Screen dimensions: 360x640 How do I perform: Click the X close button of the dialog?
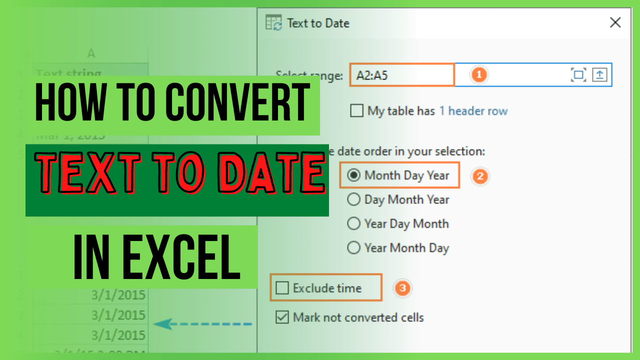615,22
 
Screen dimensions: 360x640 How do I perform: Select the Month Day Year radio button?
354,175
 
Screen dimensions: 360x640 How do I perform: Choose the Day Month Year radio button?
354,199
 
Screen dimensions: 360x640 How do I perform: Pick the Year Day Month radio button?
354,223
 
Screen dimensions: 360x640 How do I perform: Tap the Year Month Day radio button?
354,247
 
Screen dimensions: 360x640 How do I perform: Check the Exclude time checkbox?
282,288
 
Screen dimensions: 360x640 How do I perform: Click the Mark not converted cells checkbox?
282,317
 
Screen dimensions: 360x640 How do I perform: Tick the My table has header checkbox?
356,110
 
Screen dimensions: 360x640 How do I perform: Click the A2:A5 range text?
372,75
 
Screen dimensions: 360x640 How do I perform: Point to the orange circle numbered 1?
479,75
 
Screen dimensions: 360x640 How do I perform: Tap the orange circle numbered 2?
480,176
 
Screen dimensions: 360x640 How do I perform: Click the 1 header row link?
473,111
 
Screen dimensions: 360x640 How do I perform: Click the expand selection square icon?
578,75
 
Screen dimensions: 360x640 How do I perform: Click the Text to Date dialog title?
318,23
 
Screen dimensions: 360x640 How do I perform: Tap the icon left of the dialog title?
273,23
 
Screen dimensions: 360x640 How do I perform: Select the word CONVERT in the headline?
237,103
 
